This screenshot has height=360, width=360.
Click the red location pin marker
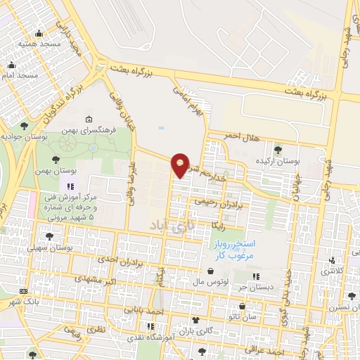coord(181,165)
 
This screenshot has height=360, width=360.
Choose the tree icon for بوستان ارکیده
coord(279,150)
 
